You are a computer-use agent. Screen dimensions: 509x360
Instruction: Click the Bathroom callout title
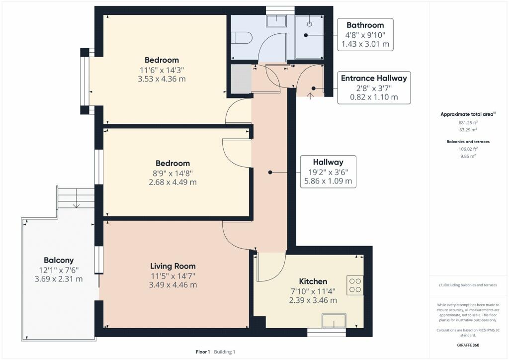click(x=365, y=25)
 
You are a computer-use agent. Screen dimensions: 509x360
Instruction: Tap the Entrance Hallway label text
click(x=374, y=78)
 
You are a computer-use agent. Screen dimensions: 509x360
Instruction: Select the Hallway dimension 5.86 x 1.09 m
click(x=328, y=181)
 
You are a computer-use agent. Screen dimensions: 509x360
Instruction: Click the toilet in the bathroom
click(x=242, y=37)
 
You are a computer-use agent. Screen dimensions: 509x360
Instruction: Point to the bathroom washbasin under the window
click(x=276, y=21)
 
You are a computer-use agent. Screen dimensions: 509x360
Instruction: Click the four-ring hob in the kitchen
click(x=355, y=285)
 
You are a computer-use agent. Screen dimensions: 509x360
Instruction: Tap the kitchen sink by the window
click(x=334, y=321)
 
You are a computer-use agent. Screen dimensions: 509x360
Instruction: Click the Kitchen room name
click(x=313, y=281)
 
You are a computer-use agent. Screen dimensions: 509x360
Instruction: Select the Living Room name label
click(x=172, y=266)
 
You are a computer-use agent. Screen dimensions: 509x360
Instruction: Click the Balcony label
click(x=59, y=261)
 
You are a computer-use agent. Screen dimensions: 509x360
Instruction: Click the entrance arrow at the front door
click(x=310, y=96)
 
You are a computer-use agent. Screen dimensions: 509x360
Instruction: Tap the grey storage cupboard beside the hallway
click(x=241, y=79)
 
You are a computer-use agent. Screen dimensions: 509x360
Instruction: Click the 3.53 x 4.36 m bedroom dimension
click(x=162, y=79)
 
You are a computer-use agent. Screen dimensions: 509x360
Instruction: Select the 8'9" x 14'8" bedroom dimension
click(x=172, y=174)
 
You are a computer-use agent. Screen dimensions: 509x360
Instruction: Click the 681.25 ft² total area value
click(x=468, y=123)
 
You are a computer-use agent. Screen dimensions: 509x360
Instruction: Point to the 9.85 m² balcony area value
click(x=468, y=156)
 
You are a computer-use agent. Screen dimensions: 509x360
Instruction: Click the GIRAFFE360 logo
click(x=468, y=345)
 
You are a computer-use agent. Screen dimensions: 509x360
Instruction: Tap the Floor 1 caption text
click(x=203, y=352)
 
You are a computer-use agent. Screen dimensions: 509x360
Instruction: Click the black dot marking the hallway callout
click(x=270, y=173)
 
